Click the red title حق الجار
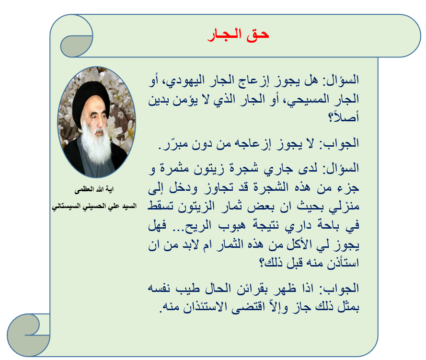[238, 35]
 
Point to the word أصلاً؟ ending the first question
[344, 116]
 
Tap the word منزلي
[344, 207]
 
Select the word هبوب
[232, 225]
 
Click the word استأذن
[343, 263]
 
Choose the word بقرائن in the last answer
[252, 289]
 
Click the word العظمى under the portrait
[84, 189]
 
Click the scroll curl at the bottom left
[29, 335]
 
